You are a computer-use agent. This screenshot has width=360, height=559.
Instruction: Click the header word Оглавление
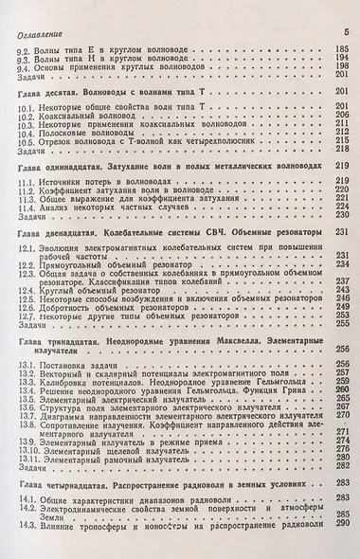[36, 31]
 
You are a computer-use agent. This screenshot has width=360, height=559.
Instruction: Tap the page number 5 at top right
[348, 32]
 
